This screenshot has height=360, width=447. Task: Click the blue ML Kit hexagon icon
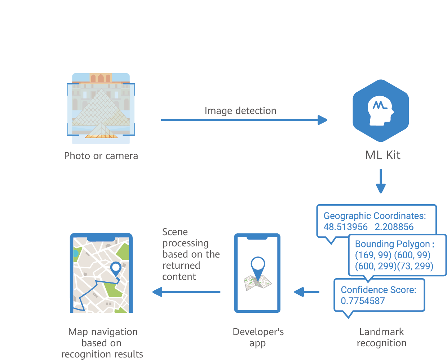pos(381,110)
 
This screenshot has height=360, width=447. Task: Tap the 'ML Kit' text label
pos(382,155)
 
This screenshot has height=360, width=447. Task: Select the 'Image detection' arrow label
pos(240,111)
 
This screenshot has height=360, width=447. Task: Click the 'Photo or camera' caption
pos(101,156)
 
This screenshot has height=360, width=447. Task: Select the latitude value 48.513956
pos(345,227)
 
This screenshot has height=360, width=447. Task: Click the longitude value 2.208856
pos(394,227)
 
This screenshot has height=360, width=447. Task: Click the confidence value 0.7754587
pos(363,301)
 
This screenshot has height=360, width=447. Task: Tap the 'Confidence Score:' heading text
pos(379,290)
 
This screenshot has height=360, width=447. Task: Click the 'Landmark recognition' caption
pos(381,337)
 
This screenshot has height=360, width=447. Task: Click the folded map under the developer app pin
pos(257,283)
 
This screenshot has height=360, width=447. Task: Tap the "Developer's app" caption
pos(258,337)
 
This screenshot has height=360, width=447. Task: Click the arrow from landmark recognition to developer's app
pos(306,292)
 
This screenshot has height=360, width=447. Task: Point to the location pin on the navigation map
pos(116,269)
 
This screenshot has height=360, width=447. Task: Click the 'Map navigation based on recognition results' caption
pos(102,343)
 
